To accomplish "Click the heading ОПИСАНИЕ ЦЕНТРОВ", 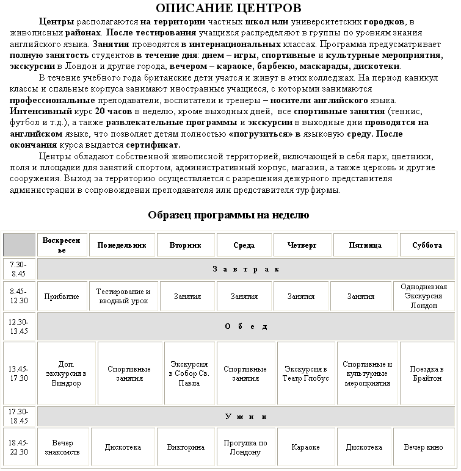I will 228,8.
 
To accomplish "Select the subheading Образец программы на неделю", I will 228,215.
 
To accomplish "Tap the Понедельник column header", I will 122,245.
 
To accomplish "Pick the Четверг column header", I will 303,245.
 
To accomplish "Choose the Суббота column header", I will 427,245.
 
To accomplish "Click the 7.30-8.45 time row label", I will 19,269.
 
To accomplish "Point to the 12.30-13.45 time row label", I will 19,326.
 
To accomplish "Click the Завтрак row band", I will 246,269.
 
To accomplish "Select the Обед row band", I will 246,326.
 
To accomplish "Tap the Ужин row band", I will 246,417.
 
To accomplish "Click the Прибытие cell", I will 62,297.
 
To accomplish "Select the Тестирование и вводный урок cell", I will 123,297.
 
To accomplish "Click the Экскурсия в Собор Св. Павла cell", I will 189,373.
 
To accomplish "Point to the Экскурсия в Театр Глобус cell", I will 307,373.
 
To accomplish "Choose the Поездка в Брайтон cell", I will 427,373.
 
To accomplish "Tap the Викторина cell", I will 189,447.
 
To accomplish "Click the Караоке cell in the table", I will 305,447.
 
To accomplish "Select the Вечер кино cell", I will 423,447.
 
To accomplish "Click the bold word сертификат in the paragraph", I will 153,145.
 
